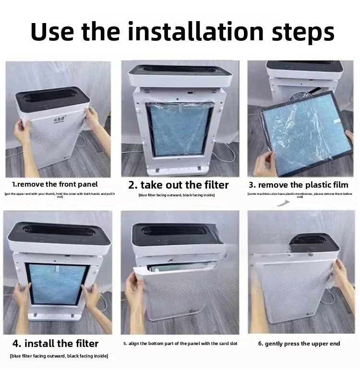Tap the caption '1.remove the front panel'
point(55,184)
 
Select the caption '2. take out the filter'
point(179,185)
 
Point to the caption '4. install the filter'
point(55,344)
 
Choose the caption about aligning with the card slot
point(180,344)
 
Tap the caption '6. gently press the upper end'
point(299,344)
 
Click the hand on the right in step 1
point(92,118)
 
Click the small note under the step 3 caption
point(300,195)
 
